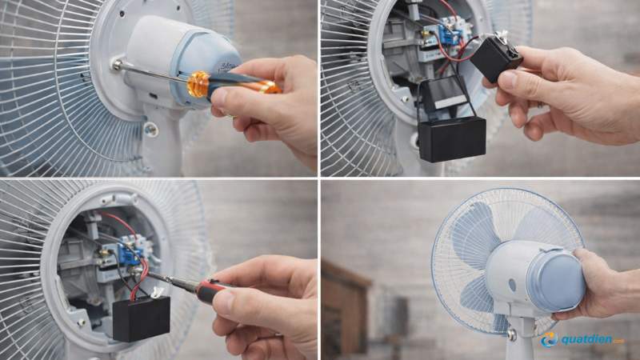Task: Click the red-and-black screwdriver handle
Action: pyautogui.click(x=212, y=290)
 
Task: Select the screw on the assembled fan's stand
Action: pyautogui.click(x=511, y=333)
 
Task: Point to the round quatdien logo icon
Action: pyautogui.click(x=549, y=339)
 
